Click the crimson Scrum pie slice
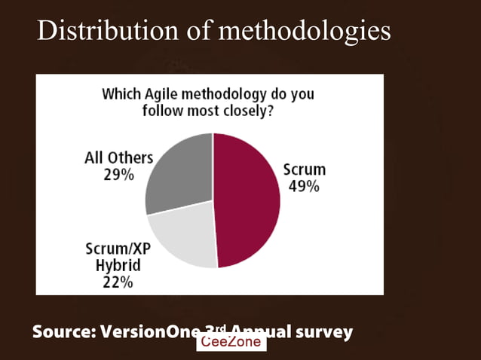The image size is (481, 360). point(247,200)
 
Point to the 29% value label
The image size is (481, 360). point(118,174)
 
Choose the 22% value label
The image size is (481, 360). point(118,282)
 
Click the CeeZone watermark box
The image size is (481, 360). point(231,342)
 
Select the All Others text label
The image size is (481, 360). point(118,158)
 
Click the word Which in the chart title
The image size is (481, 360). point(120,95)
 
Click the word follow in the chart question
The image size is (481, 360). point(162,111)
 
